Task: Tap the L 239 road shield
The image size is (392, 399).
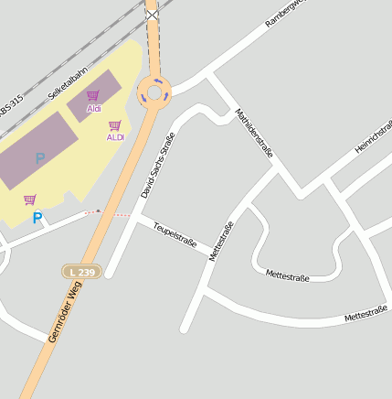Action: pyautogui.click(x=80, y=272)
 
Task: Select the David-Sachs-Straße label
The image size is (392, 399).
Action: pyautogui.click(x=157, y=165)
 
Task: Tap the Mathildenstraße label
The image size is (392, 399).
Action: pyautogui.click(x=254, y=134)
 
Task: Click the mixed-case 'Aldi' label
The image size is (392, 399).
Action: pyautogui.click(x=94, y=109)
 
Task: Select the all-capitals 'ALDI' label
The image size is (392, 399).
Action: pyautogui.click(x=115, y=137)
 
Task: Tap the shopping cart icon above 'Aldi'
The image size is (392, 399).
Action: pyautogui.click(x=92, y=95)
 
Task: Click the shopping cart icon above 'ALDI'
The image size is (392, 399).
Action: pyautogui.click(x=114, y=125)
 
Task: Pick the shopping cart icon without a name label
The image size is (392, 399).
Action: pyautogui.click(x=30, y=199)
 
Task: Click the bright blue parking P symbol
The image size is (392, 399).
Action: pyautogui.click(x=37, y=218)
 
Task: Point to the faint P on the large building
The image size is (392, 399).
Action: pyautogui.click(x=40, y=158)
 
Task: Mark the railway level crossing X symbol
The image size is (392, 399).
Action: pyautogui.click(x=152, y=14)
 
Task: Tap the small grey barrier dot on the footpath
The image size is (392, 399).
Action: pyautogui.click(x=99, y=210)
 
